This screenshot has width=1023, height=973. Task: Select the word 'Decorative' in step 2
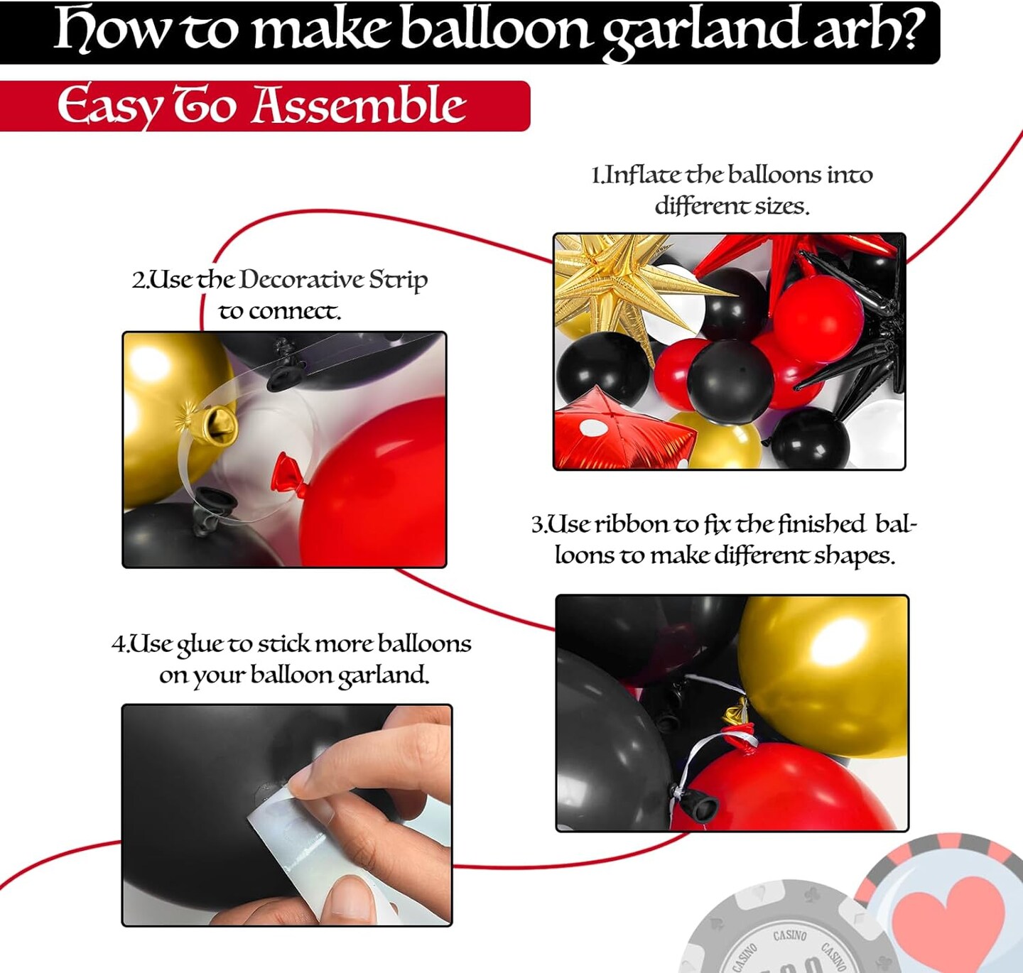tap(301, 280)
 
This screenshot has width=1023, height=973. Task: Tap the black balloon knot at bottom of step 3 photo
tap(699, 805)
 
